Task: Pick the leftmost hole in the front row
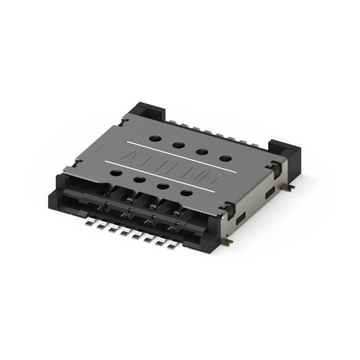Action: (x=115, y=173)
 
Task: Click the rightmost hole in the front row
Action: (x=186, y=193)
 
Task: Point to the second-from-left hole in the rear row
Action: (x=179, y=145)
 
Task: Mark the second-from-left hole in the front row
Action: (x=139, y=180)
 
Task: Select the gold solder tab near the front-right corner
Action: (x=227, y=242)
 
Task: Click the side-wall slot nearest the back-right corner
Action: (x=271, y=192)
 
